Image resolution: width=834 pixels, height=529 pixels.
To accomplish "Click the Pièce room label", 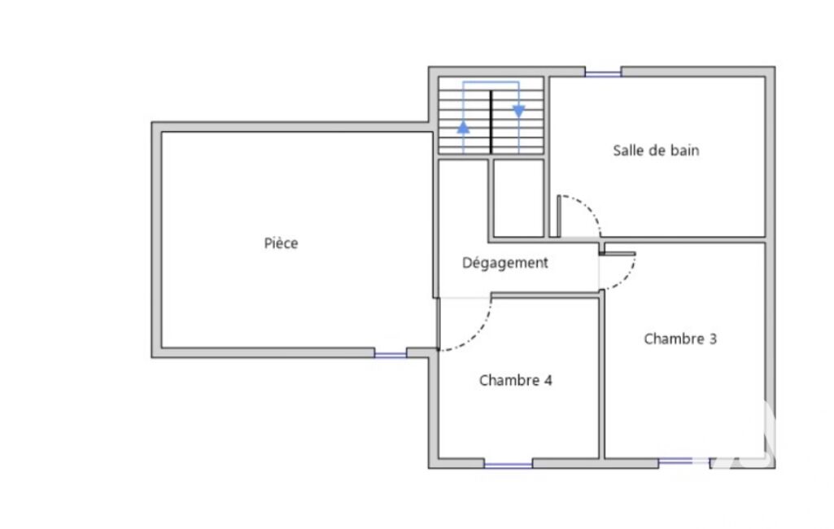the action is click(281, 243).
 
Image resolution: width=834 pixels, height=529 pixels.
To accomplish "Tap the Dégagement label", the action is click(504, 263).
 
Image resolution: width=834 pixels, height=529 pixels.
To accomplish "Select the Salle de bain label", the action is click(656, 151).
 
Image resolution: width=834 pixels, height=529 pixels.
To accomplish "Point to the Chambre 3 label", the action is click(680, 339).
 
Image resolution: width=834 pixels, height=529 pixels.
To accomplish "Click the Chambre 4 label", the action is click(515, 381).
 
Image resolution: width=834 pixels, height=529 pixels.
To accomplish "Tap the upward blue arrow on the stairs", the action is click(463, 127).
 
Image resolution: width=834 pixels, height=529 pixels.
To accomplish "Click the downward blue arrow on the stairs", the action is click(518, 111).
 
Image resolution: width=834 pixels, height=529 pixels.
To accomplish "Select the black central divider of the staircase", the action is click(491, 122).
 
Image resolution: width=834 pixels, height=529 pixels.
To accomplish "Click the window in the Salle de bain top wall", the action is click(603, 72).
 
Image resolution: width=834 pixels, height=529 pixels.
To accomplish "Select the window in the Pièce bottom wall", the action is click(391, 353).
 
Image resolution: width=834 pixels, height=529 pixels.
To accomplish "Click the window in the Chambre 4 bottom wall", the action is click(508, 464).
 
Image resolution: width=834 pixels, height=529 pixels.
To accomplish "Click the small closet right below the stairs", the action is click(518, 199).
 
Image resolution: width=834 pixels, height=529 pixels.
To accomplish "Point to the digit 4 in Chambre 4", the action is click(548, 381).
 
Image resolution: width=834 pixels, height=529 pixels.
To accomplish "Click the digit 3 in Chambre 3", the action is click(713, 339).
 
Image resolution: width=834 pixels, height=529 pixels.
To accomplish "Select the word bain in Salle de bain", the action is click(684, 151).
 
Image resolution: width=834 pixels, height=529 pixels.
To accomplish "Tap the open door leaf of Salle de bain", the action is click(558, 216).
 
